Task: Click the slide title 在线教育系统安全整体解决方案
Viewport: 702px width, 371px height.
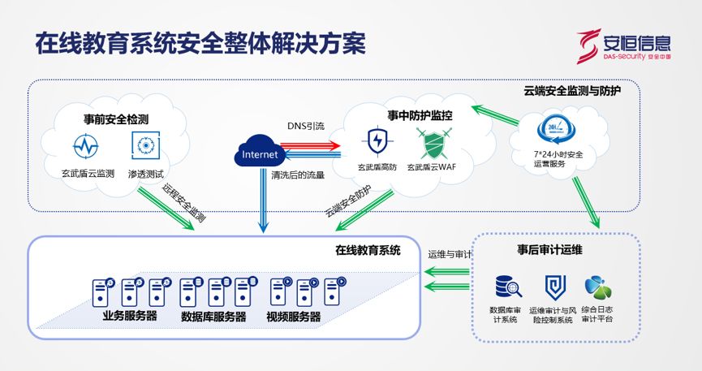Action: pyautogui.click(x=200, y=43)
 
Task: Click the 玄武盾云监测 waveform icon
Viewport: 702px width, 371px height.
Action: pyautogui.click(x=87, y=147)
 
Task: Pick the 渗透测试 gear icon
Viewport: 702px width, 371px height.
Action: pyautogui.click(x=146, y=147)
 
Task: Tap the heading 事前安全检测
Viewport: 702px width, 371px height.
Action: pyautogui.click(x=115, y=119)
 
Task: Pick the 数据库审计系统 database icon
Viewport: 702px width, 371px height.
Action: pyautogui.click(x=507, y=287)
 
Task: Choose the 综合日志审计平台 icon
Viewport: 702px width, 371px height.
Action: pyautogui.click(x=597, y=287)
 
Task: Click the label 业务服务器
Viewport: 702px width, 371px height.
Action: pyautogui.click(x=130, y=315)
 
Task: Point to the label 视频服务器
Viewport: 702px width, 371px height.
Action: pyautogui.click(x=293, y=316)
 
